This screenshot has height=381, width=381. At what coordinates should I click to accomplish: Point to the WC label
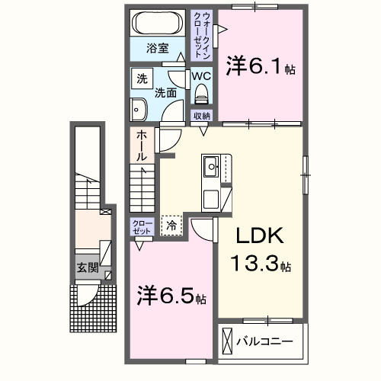pyautogui.click(x=201, y=76)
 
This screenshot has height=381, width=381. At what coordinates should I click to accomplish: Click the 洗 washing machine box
pyautogui.click(x=142, y=78)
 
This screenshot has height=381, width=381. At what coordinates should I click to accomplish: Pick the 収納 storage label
pyautogui.click(x=201, y=116)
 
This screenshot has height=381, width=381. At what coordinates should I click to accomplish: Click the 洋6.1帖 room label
pyautogui.click(x=260, y=68)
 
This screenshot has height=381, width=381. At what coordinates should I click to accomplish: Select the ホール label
pyautogui.click(x=142, y=146)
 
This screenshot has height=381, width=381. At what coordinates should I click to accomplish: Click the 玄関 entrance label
pyautogui.click(x=86, y=267)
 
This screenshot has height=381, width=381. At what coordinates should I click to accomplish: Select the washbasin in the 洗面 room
pyautogui.click(x=139, y=110)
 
